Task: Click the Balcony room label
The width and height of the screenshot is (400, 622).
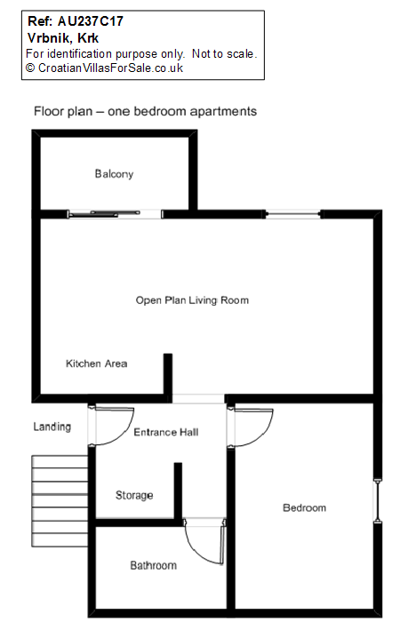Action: point(114,174)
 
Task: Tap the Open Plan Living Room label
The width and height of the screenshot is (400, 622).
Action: point(192,300)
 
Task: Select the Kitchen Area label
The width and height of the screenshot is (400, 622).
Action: point(96,363)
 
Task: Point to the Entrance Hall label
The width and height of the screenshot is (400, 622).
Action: point(166,432)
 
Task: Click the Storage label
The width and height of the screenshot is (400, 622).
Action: point(134,495)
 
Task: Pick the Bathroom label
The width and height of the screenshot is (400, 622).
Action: point(153,565)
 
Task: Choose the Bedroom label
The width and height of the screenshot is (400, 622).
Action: point(304,507)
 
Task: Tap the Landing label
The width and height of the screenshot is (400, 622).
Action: point(52,427)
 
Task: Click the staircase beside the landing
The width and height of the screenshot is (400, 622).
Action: point(60,501)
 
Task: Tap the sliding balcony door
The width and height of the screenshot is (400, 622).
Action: point(115,214)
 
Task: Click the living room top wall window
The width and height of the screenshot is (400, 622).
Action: point(292,214)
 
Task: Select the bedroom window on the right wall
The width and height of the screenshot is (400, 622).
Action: point(378,501)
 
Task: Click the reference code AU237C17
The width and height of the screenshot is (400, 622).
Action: point(91,21)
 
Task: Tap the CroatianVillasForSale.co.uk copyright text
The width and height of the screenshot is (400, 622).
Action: point(110,68)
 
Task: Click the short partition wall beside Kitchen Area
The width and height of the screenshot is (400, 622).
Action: point(168,374)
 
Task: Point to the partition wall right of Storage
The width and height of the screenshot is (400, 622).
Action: point(178,490)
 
